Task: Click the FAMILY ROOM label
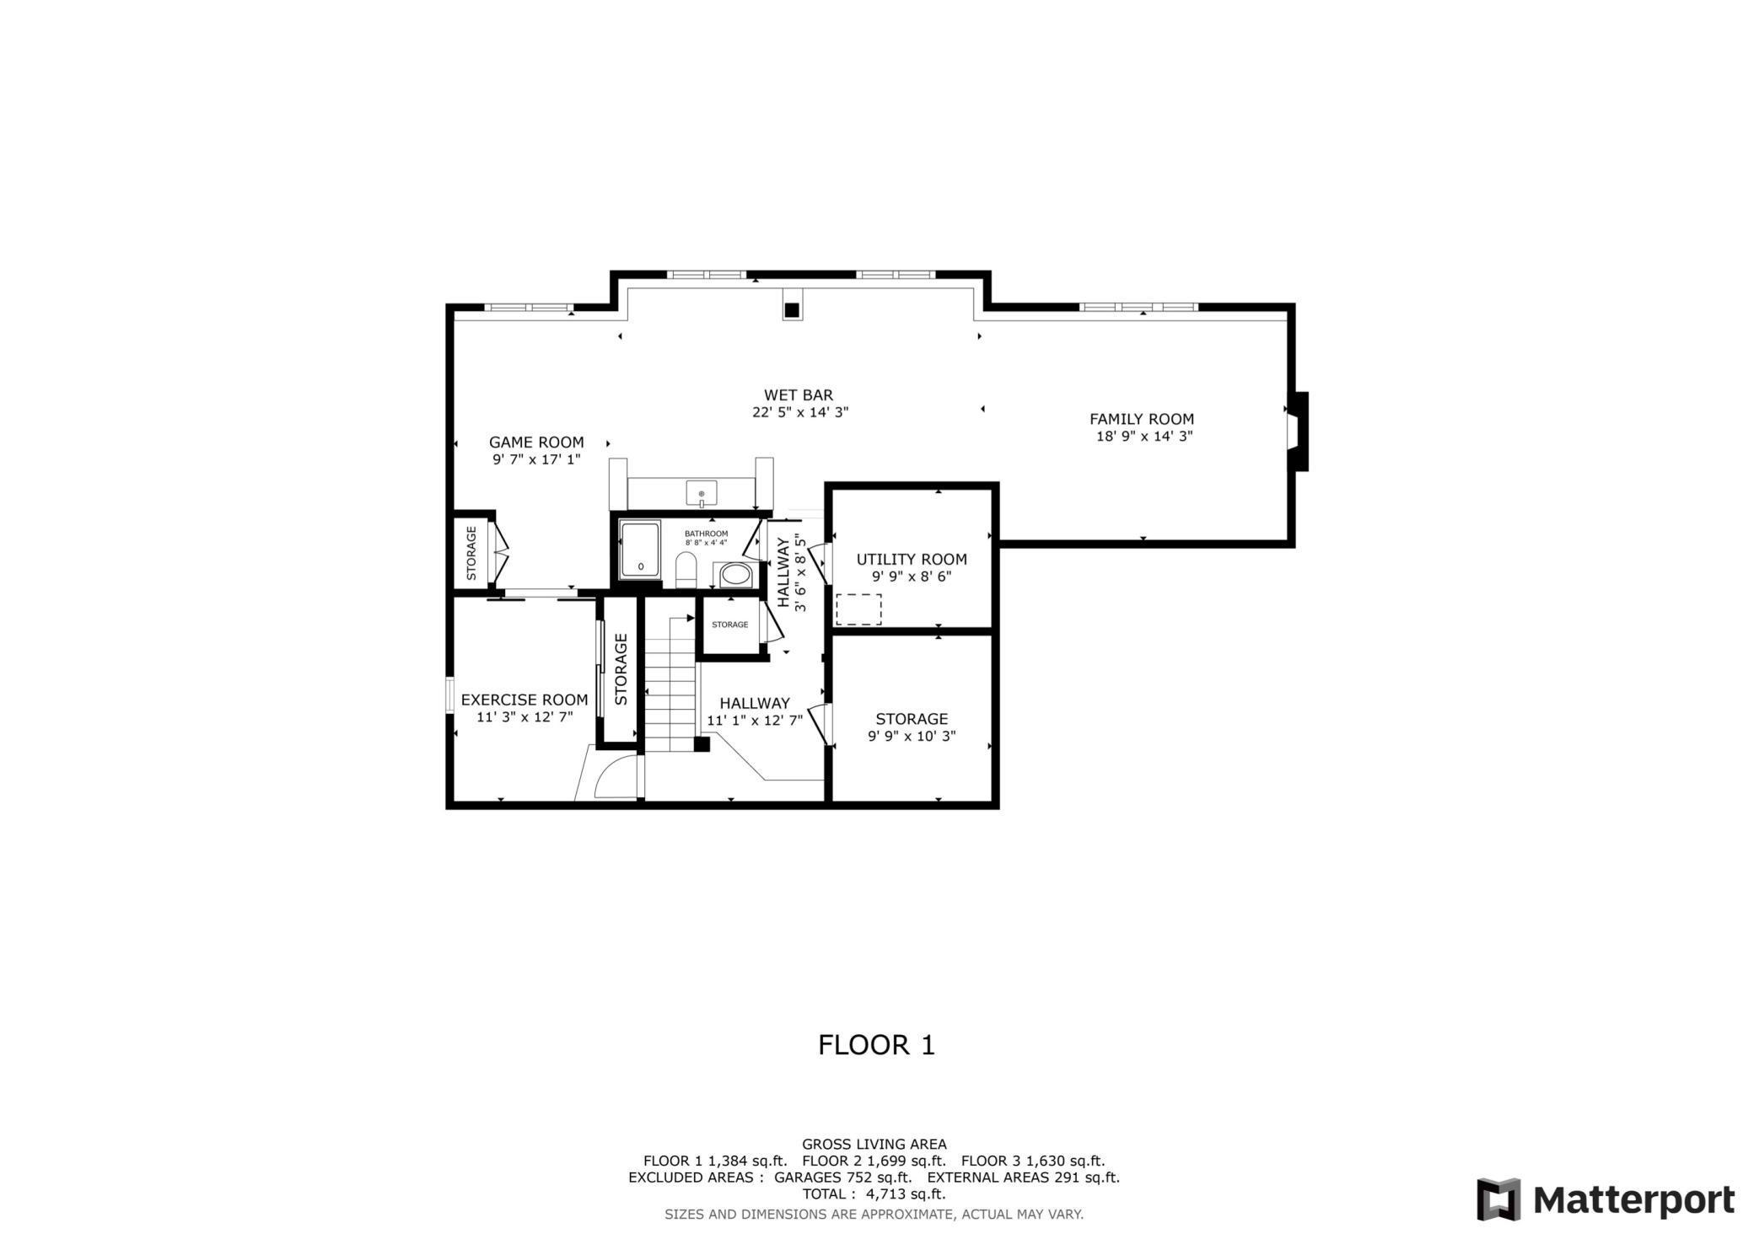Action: pyautogui.click(x=1141, y=419)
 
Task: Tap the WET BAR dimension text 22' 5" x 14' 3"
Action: pyautogui.click(x=799, y=413)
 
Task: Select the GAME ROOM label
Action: pyautogui.click(x=536, y=442)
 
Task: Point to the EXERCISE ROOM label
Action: pyautogui.click(x=524, y=700)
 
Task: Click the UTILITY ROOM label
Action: pyautogui.click(x=911, y=560)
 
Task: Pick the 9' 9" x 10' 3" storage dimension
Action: pyautogui.click(x=911, y=737)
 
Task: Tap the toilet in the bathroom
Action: pyautogui.click(x=686, y=571)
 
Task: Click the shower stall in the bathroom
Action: pyautogui.click(x=640, y=550)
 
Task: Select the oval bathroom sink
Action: pyautogui.click(x=735, y=575)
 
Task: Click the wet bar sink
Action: pyautogui.click(x=701, y=492)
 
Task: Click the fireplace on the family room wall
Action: pyautogui.click(x=1296, y=432)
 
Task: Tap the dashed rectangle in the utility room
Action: pyautogui.click(x=858, y=609)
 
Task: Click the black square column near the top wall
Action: pyautogui.click(x=791, y=310)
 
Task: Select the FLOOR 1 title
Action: pyautogui.click(x=876, y=1045)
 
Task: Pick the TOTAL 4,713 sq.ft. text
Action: pyautogui.click(x=874, y=1194)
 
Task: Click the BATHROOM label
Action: pyautogui.click(x=706, y=534)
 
